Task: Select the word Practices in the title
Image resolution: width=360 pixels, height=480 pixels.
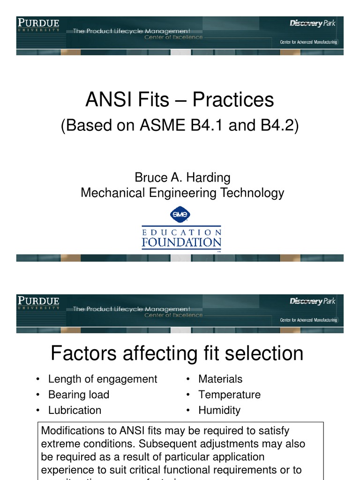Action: [x=233, y=100]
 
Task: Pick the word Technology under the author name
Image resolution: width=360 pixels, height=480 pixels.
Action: [x=253, y=193]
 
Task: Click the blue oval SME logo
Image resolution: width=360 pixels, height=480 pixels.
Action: [x=180, y=215]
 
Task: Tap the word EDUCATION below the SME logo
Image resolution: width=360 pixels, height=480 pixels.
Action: [x=181, y=232]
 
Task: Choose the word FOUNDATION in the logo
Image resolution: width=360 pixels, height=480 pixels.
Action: [x=181, y=243]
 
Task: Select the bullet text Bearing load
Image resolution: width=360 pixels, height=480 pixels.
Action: [x=79, y=395]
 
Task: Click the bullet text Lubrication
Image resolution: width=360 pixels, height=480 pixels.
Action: [x=75, y=410]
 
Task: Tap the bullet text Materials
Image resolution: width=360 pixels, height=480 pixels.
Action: [x=220, y=379]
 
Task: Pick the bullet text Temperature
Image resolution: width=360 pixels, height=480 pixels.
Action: [x=229, y=395]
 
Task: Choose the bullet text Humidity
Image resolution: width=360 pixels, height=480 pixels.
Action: [x=219, y=410]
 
